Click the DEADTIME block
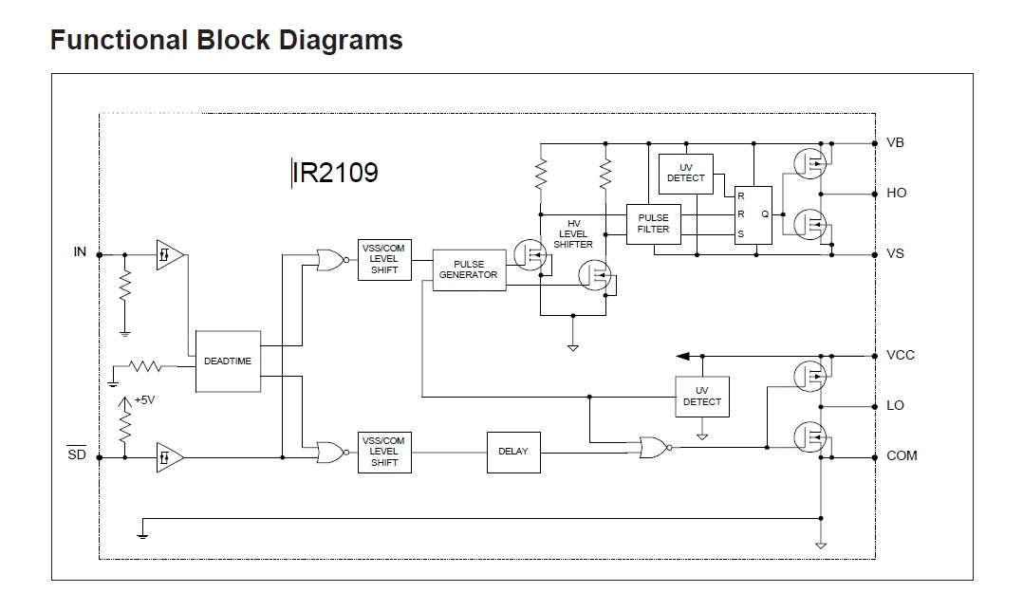pos(228,361)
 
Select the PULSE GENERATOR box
pos(468,269)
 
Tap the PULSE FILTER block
pos(653,224)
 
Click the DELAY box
pos(512,452)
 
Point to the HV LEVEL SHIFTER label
pos(572,233)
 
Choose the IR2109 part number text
pos(336,173)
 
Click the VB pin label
pos(895,143)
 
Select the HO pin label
pos(896,193)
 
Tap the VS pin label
pos(895,254)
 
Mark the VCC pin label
pos(901,356)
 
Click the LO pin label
pos(895,405)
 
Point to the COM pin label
pos(902,455)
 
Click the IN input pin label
pos(80,251)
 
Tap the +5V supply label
pos(143,400)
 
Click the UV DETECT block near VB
pos(685,173)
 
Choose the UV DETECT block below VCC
pos(701,397)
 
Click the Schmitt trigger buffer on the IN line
pos(170,255)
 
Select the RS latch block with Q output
pos(753,213)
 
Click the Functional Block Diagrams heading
pos(226,41)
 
